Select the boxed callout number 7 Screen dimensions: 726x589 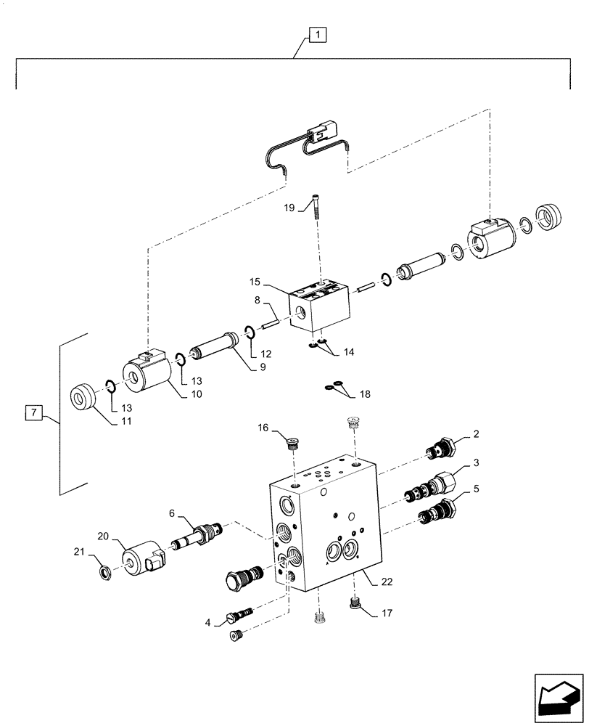pos(33,414)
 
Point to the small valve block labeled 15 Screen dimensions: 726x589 pos(321,307)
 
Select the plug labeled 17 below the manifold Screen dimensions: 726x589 pos(355,602)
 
